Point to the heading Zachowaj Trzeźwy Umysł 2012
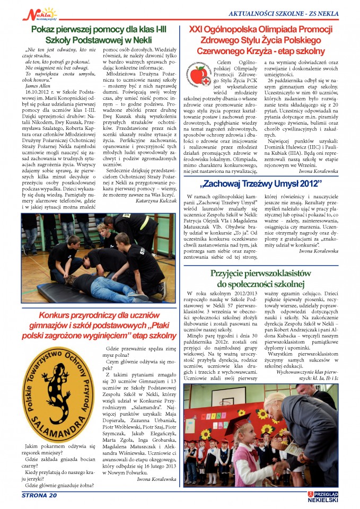261,183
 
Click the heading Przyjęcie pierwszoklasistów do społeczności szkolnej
260,278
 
